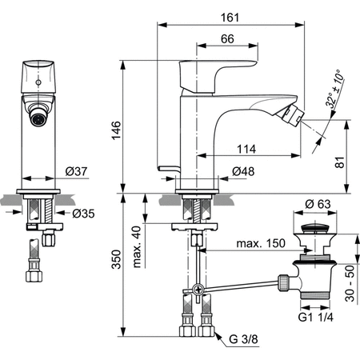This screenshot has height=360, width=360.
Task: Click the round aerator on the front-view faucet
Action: (x=35, y=117)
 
